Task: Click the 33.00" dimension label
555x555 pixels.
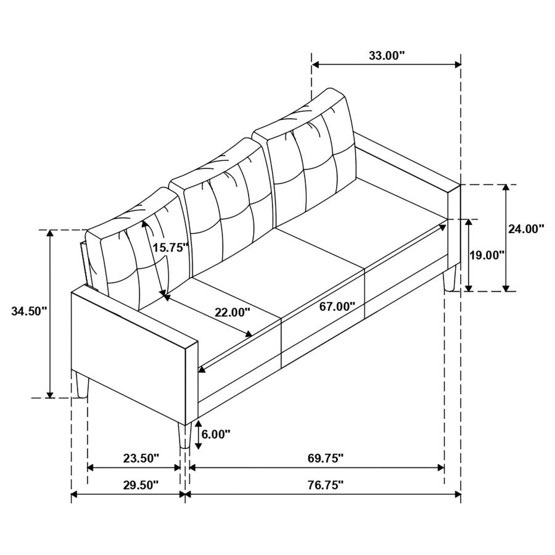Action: (387, 55)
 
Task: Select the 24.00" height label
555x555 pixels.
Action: (526, 229)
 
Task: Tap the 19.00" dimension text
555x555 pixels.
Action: (487, 254)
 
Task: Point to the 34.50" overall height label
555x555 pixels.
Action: (29, 311)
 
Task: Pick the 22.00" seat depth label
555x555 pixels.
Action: (232, 312)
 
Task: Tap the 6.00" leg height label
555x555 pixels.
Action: (216, 434)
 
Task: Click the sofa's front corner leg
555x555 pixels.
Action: (183, 435)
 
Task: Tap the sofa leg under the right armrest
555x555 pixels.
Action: (449, 278)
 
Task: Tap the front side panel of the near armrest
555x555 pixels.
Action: (129, 355)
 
